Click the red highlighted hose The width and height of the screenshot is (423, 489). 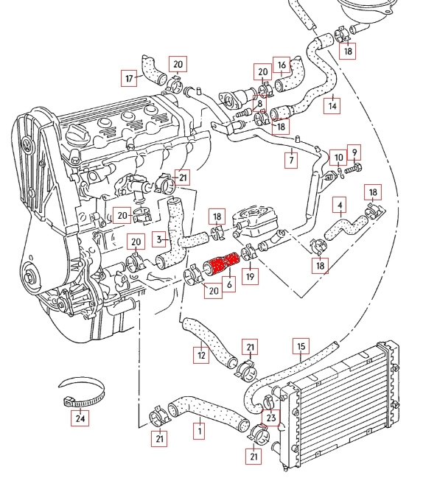(x=221, y=264)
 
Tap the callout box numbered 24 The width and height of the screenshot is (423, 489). (x=80, y=418)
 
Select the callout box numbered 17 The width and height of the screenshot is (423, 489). (x=129, y=78)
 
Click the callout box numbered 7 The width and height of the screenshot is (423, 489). (x=291, y=161)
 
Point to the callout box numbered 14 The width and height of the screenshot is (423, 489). (x=332, y=106)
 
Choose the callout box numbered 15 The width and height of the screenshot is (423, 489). (x=301, y=346)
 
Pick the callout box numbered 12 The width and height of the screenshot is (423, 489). (x=201, y=355)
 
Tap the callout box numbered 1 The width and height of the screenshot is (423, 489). (x=199, y=431)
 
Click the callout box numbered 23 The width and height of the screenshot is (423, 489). (x=271, y=418)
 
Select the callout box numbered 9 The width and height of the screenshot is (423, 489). (x=354, y=153)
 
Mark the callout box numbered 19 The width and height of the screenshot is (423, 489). (x=251, y=276)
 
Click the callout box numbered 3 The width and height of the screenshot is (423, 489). (x=159, y=239)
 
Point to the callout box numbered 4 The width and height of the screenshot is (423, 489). (x=340, y=205)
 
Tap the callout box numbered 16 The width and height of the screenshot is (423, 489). (x=282, y=65)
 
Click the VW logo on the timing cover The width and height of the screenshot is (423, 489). (x=27, y=144)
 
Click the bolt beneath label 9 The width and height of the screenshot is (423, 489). (x=353, y=169)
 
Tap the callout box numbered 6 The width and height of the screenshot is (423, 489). (x=229, y=284)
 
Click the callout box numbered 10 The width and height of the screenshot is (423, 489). (x=338, y=158)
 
